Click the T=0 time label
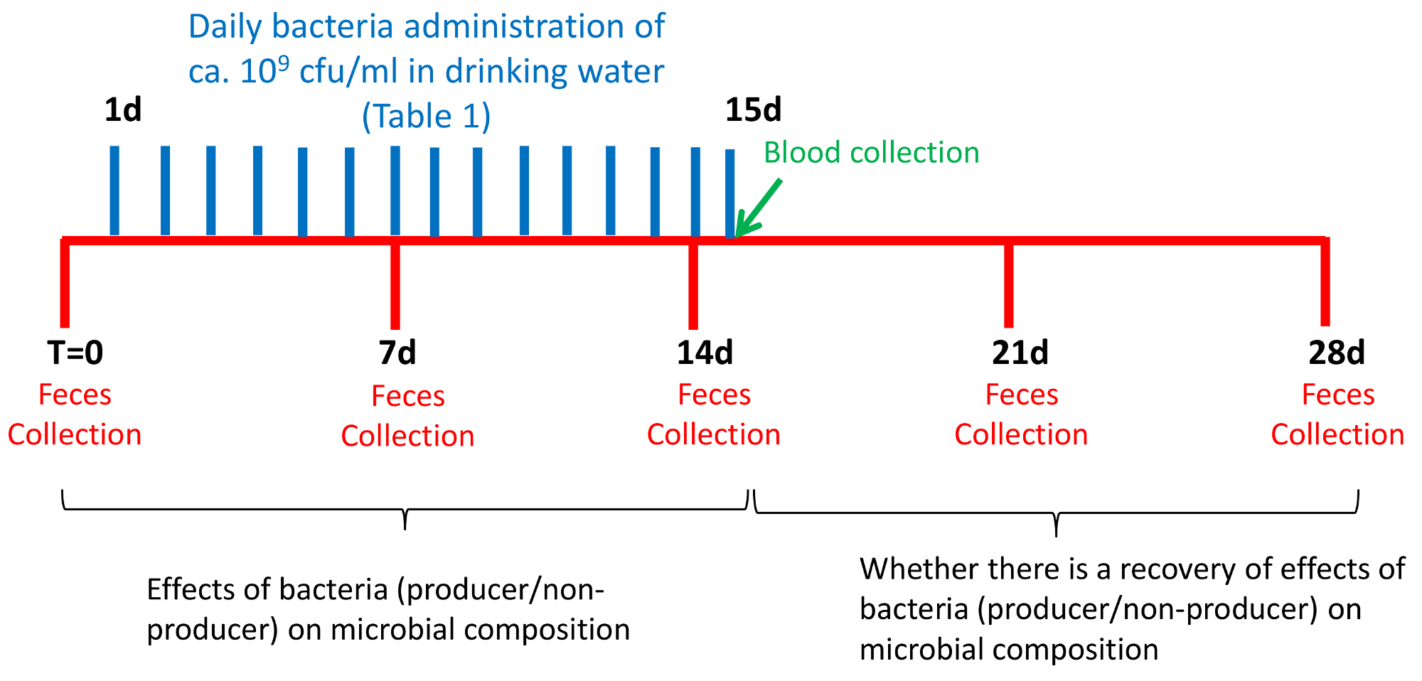[x=75, y=353]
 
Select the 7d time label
[x=397, y=353]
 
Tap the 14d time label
[x=705, y=353]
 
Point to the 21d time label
[x=1020, y=353]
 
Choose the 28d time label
[x=1337, y=353]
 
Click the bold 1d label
[x=123, y=110]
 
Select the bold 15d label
[x=753, y=110]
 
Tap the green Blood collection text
[x=871, y=153]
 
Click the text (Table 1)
[x=426, y=117]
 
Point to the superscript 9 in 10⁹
[x=283, y=62]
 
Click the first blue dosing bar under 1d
[x=114, y=190]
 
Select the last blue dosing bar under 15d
[x=729, y=192]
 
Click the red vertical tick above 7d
[x=395, y=284]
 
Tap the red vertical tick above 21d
[x=1008, y=284]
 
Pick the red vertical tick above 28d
[x=1325, y=284]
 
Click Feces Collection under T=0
[x=75, y=414]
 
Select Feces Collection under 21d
[x=1021, y=414]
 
